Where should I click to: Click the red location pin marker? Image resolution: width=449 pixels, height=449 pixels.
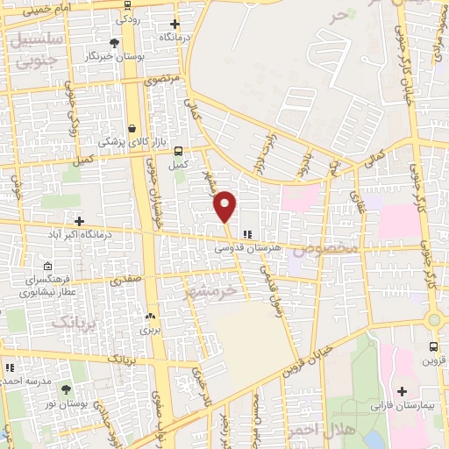click(x=225, y=205)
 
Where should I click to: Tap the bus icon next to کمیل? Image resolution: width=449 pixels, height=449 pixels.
click(x=179, y=150)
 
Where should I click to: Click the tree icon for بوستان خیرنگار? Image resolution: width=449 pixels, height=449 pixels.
click(x=114, y=42)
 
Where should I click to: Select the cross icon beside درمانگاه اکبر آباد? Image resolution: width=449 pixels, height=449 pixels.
click(x=80, y=220)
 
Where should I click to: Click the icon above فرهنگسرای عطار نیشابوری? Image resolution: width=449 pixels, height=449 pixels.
click(x=47, y=267)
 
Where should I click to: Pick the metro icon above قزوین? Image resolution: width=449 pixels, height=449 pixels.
click(x=434, y=346)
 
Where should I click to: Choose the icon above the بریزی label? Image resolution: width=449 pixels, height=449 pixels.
click(x=150, y=317)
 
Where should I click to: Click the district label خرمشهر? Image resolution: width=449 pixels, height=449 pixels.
click(x=211, y=289)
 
